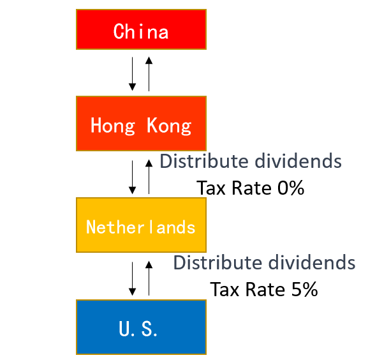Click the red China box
coord(142,29)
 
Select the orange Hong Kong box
coord(142,123)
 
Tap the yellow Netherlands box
coord(142,225)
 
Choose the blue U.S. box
coord(142,327)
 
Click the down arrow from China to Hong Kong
coord(133,74)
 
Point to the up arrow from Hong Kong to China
coord(149,74)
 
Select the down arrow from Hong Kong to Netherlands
coord(133,177)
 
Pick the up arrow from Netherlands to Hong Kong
coord(149,177)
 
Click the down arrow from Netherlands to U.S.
coord(133,279)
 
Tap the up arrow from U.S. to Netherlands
coord(149,278)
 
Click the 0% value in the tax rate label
coord(291,188)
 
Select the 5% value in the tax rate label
coord(305,289)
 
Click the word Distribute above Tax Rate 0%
coord(204,161)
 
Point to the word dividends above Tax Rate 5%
coord(312,262)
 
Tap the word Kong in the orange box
coord(169,126)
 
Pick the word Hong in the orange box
coord(113,126)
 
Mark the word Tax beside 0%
coord(211,188)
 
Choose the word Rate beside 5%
coord(265,289)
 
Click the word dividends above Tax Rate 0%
coord(298,161)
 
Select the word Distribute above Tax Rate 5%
coord(217,262)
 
